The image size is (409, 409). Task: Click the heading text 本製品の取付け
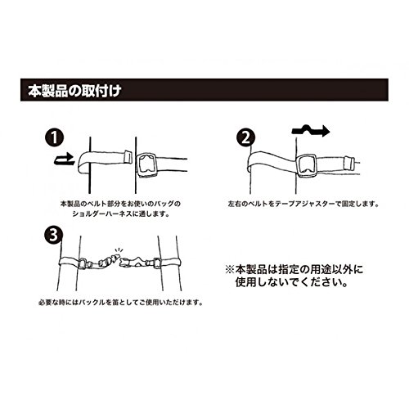click(74, 90)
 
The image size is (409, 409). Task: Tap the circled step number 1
click(55, 137)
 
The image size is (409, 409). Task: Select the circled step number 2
click(246, 137)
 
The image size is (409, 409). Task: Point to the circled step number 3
click(53, 235)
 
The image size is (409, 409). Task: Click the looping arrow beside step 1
click(65, 160)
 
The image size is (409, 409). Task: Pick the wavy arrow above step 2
click(311, 131)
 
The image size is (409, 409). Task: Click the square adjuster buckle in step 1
click(146, 165)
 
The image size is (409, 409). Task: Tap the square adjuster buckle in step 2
click(307, 166)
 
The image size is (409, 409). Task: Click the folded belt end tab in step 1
click(128, 157)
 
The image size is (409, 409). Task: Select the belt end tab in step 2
click(348, 163)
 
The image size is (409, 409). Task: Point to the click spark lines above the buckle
click(119, 250)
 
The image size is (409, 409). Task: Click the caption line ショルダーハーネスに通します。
click(121, 213)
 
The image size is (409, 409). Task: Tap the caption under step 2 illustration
click(303, 204)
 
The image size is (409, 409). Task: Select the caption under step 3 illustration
click(120, 303)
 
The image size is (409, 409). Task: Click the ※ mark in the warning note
click(231, 270)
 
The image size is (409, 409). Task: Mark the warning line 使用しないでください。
click(292, 282)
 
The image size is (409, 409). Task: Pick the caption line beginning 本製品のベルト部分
click(120, 204)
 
